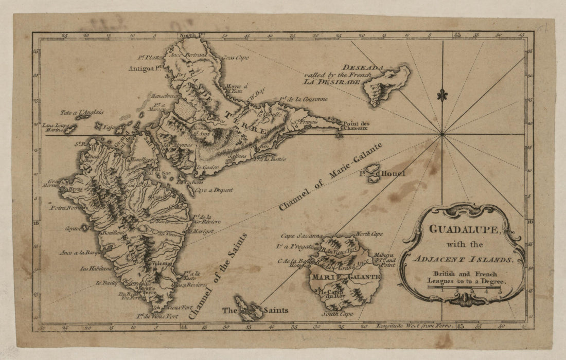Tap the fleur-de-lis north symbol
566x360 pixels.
click(x=441, y=95)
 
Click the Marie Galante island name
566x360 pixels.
click(x=345, y=277)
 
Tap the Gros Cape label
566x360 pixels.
click(x=236, y=58)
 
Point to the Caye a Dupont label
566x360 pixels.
click(x=214, y=190)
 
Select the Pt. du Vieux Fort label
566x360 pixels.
click(x=154, y=316)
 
